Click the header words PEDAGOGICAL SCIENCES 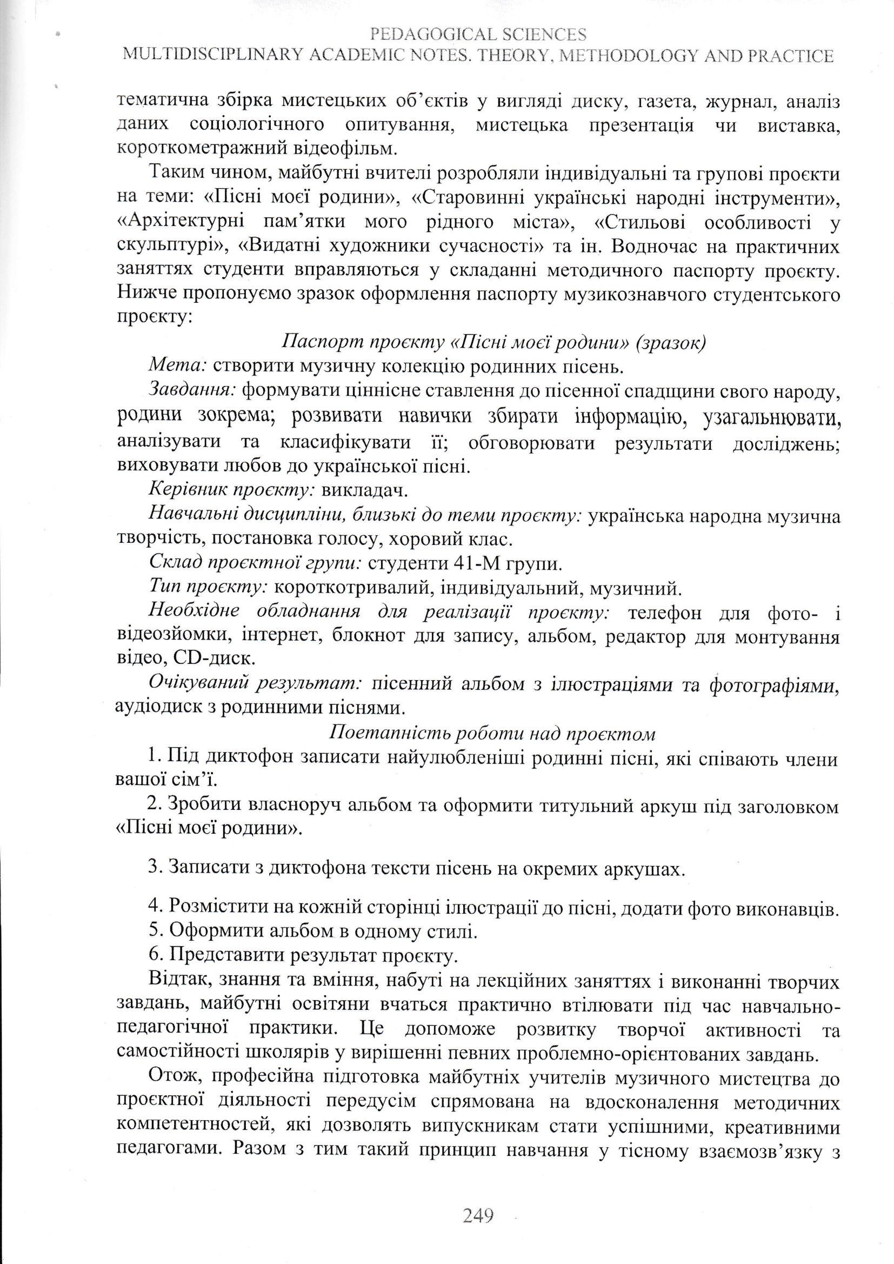[x=478, y=34]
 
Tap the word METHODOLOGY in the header [x=639, y=56]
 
